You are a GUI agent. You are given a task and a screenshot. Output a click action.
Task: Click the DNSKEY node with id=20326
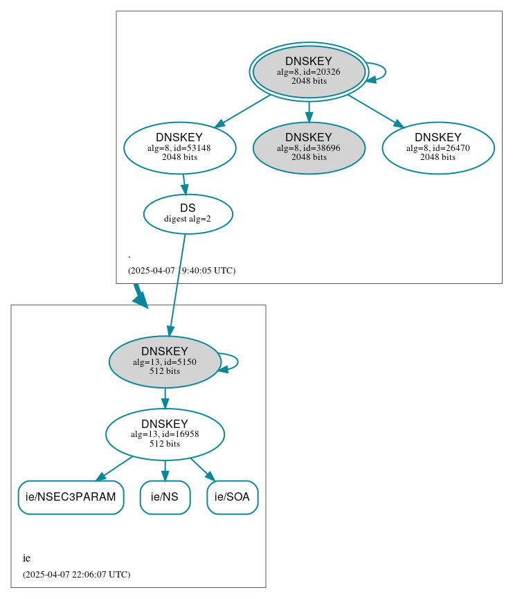[x=309, y=71]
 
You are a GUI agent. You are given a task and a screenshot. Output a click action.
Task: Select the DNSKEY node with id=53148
[x=179, y=147]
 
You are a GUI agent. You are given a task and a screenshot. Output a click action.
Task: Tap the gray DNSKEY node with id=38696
[x=309, y=147]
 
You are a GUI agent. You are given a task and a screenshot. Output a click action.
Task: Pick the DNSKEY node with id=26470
[x=438, y=147]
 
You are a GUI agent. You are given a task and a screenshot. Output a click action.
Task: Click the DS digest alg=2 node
[x=188, y=213]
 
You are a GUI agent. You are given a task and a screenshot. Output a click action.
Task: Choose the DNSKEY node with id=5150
[x=165, y=361]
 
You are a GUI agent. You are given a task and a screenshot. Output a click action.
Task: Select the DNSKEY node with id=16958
[x=165, y=434]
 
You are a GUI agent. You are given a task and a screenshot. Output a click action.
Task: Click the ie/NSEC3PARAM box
[x=71, y=497]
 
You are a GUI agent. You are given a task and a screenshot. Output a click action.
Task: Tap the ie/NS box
[x=165, y=497]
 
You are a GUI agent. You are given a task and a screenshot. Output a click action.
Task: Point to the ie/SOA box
[x=232, y=497]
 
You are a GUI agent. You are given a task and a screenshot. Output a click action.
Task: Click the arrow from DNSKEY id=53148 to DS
[x=184, y=184]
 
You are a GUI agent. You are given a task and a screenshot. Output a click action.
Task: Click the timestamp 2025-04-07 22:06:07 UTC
[x=76, y=574]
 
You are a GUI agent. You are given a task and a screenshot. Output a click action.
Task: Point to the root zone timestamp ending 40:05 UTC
[x=181, y=270]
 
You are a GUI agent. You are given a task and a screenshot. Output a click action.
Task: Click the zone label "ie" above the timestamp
[x=26, y=558]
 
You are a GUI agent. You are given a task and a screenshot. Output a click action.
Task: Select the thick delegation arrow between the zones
[x=139, y=295]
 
